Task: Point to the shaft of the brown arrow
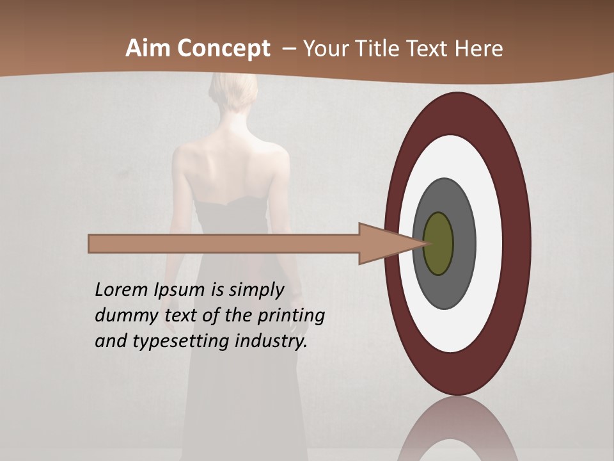click(x=224, y=244)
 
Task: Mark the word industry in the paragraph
click(x=271, y=341)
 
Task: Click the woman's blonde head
click(x=230, y=96)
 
